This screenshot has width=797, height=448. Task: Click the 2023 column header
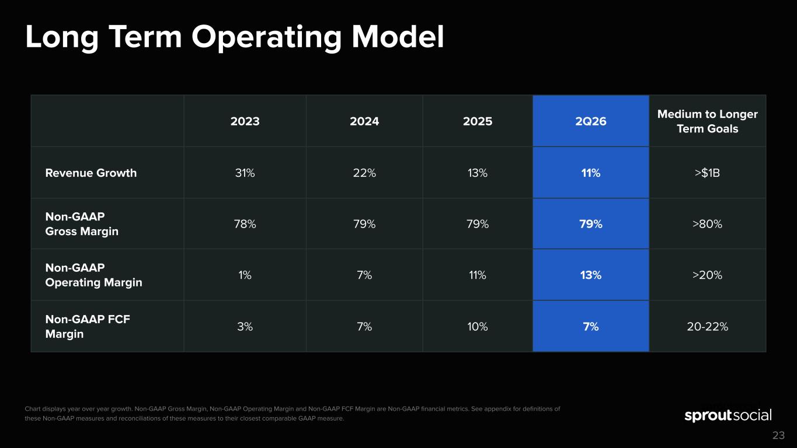(x=245, y=121)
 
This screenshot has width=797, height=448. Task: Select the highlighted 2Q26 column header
(x=591, y=121)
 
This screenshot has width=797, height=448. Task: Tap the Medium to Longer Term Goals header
(x=707, y=121)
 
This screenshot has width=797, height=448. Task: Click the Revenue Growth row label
(x=91, y=173)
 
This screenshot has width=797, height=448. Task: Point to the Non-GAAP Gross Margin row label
(x=82, y=223)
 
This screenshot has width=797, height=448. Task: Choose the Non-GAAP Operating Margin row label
(x=93, y=275)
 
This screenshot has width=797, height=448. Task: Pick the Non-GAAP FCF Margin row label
(x=88, y=327)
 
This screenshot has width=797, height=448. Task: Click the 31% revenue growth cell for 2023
(x=245, y=173)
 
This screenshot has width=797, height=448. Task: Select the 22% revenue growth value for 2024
(x=364, y=173)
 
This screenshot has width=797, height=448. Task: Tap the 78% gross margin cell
(x=245, y=224)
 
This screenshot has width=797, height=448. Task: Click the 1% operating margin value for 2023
(x=245, y=275)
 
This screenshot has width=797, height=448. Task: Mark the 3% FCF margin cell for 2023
(x=245, y=327)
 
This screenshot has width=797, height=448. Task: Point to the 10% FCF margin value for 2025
(x=478, y=327)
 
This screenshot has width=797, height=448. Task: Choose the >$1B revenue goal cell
(x=707, y=173)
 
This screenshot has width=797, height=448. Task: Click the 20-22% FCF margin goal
(x=707, y=327)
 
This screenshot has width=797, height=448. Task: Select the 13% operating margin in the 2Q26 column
(x=591, y=275)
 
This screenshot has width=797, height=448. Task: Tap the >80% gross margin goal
(x=707, y=224)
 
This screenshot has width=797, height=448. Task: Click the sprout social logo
(x=728, y=415)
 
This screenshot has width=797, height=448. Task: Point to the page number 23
(x=778, y=435)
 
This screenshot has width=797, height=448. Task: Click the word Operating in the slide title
(x=266, y=38)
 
